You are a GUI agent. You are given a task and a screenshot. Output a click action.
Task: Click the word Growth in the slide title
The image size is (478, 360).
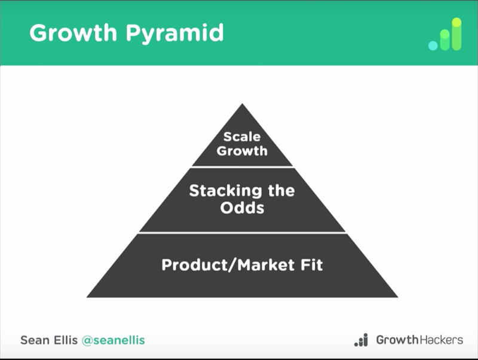click(73, 33)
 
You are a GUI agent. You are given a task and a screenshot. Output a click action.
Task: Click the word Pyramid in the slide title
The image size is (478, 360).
click(175, 34)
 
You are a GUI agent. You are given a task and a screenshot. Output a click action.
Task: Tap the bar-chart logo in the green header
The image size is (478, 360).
click(445, 34)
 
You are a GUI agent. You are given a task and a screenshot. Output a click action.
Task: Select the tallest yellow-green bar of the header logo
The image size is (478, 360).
click(456, 34)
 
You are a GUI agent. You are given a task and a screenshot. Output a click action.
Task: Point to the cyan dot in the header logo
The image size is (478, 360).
click(433, 46)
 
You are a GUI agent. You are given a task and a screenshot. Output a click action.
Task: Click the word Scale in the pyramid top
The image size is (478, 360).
click(242, 137)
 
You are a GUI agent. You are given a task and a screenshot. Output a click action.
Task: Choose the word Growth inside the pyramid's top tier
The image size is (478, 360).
click(242, 151)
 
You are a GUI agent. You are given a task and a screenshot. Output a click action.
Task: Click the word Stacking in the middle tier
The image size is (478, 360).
click(225, 191)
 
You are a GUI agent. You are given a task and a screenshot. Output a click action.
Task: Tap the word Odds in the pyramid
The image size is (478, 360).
click(242, 208)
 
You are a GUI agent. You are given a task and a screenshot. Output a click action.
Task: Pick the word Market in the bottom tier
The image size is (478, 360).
click(266, 264)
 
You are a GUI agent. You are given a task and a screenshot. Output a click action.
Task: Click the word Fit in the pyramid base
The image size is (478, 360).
click(311, 264)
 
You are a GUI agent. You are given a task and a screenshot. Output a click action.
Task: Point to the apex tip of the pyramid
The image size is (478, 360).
click(243, 103)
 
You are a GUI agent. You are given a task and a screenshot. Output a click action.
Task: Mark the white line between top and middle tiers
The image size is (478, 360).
click(243, 167)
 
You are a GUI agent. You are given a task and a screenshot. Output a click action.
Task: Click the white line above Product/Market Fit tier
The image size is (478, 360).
click(243, 233)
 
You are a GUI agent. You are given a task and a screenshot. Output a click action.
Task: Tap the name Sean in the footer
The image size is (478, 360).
click(33, 340)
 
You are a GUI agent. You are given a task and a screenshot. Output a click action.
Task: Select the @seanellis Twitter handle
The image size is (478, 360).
click(114, 340)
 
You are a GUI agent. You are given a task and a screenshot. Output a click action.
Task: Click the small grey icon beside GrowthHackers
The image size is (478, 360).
click(361, 340)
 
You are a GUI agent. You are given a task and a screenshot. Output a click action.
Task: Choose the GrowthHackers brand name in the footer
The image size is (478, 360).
click(420, 340)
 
